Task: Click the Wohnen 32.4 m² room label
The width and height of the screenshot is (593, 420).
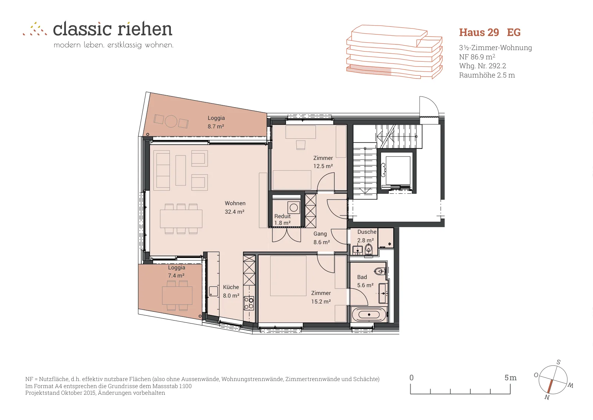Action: click(235, 207)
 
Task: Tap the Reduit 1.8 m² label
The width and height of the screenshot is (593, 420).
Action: click(282, 220)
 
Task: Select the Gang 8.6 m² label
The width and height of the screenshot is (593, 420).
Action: click(321, 238)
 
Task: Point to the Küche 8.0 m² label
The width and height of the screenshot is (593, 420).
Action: click(231, 291)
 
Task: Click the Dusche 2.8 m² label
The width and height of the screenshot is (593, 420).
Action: click(367, 236)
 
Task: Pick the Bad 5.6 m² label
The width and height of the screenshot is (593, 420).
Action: click(365, 281)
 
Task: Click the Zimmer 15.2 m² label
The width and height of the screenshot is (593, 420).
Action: click(321, 297)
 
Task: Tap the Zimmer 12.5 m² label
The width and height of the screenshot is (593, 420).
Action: click(323, 162)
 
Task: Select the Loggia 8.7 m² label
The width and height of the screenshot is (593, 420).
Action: click(216, 122)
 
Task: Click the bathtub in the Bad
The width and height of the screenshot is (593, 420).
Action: click(369, 315)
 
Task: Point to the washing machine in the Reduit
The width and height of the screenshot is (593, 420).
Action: click(294, 207)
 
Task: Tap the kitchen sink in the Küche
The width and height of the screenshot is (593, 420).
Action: click(213, 291)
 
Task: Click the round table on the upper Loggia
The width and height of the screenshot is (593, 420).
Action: click(171, 122)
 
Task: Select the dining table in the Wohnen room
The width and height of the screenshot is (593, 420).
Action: click(181, 219)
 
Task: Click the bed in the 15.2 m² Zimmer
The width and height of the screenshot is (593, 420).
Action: click(288, 276)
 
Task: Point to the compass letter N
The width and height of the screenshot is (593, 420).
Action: click(547, 397)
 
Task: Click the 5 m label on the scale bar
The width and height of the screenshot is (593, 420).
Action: click(510, 378)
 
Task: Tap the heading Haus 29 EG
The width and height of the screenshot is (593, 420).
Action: click(490, 32)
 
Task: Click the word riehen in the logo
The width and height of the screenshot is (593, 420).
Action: click(145, 29)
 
